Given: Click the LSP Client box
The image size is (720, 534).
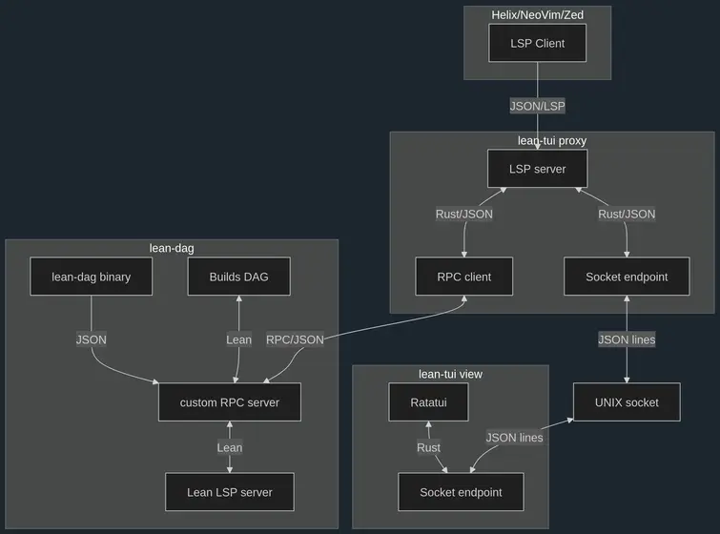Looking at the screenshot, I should click(x=537, y=43).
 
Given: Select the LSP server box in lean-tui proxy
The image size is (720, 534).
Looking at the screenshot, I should click(x=537, y=169).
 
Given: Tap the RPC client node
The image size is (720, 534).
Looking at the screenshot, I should click(x=464, y=277).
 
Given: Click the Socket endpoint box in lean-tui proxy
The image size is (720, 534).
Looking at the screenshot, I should click(x=627, y=277).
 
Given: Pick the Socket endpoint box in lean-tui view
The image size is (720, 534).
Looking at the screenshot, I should click(x=461, y=492).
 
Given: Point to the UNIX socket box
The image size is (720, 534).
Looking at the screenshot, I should click(x=627, y=402).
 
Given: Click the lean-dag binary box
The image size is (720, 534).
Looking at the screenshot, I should click(x=92, y=277).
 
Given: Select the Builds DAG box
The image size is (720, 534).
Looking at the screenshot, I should click(x=239, y=277).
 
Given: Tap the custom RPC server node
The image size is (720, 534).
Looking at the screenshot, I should click(x=230, y=402).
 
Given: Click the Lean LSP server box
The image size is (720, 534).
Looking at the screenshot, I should click(x=230, y=492).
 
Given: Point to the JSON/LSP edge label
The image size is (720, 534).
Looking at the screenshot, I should click(x=537, y=106).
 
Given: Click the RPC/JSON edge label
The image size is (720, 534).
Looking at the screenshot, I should click(x=294, y=339).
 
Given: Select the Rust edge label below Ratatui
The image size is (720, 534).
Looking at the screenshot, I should click(x=428, y=447).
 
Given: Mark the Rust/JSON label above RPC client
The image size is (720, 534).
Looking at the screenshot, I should click(x=464, y=214).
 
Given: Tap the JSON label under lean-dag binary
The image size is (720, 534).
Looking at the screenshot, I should click(x=92, y=339).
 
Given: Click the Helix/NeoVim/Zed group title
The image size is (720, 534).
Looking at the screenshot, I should click(x=537, y=14).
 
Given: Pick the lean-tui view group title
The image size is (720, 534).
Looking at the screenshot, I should click(x=450, y=374).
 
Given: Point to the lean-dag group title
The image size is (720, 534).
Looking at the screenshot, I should click(x=172, y=248).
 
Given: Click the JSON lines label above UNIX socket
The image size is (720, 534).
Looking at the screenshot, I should click(x=627, y=339).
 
